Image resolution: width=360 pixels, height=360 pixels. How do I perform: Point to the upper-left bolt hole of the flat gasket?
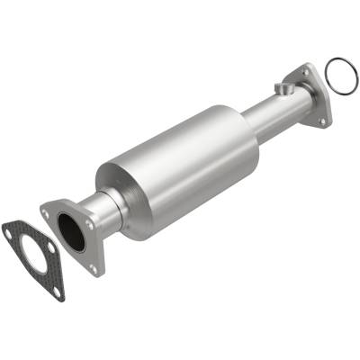click(x=7, y=232)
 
